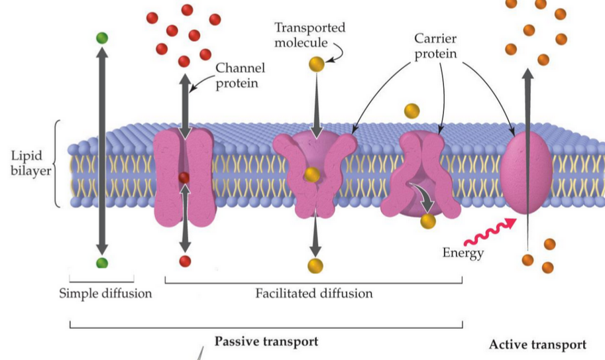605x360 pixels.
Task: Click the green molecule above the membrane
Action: point(101,38)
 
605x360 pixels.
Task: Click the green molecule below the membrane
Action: point(101,263)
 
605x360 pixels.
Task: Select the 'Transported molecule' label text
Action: point(309,35)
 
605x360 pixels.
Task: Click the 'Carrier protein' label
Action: point(436,46)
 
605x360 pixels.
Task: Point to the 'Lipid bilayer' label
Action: point(27,163)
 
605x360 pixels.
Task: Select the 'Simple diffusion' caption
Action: point(105,293)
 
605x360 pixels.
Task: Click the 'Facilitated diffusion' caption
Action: point(314,293)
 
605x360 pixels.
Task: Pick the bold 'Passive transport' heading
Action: point(266,341)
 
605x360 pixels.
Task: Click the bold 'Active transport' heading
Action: point(537,345)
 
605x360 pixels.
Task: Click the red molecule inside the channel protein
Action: point(184,177)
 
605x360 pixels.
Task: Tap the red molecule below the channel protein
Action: point(185,261)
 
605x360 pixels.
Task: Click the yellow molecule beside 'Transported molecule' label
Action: point(315,64)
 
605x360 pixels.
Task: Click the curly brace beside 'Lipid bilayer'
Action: point(58,163)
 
